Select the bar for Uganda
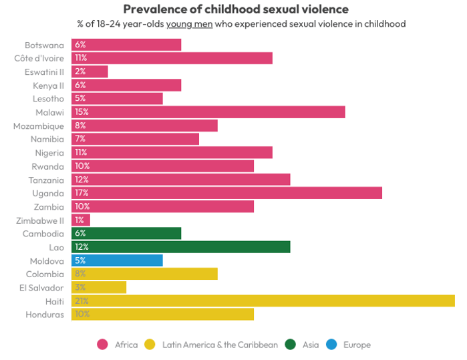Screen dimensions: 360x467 pos(226,193)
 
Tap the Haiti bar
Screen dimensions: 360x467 pos(263,301)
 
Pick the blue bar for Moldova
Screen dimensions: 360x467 pos(117,260)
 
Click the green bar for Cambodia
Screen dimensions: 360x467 pos(126,233)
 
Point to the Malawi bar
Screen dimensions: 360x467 pos(208,112)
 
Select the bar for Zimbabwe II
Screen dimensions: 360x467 pos(81,220)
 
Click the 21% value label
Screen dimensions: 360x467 pos(82,301)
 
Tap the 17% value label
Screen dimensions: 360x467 pos(82,193)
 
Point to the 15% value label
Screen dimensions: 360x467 pos(82,112)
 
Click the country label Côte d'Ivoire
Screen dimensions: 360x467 pos(39,58)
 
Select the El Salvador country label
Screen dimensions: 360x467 pos(41,287)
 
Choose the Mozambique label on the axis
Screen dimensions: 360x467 pos(39,126)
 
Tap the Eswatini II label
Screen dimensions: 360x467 pos(44,71)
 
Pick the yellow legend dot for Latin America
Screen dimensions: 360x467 pos(150,345)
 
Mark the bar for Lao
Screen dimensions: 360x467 pos(180,247)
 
